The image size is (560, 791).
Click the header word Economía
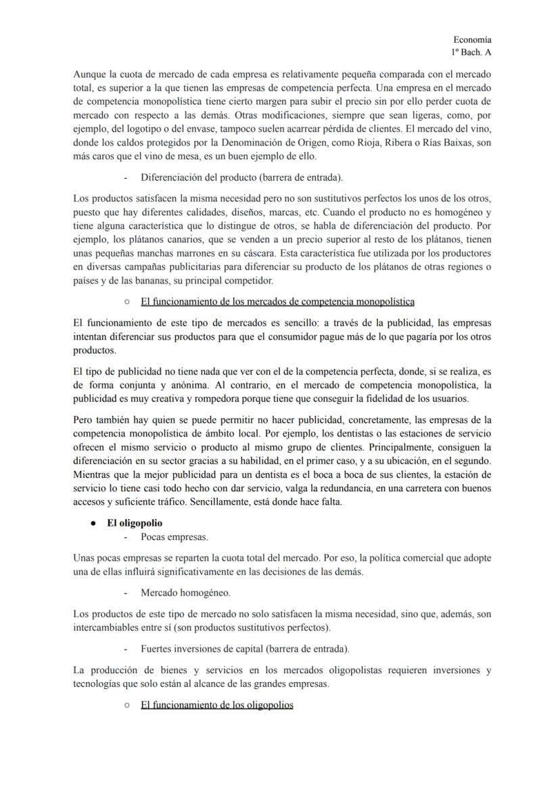click(x=472, y=40)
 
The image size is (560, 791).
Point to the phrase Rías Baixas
click(x=435, y=143)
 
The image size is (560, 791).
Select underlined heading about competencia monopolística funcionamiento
click(x=277, y=300)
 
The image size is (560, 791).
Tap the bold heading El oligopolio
click(x=135, y=523)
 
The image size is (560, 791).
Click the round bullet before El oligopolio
click(x=92, y=523)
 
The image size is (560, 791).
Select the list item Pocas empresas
click(x=174, y=537)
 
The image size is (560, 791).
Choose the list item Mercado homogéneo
click(x=185, y=592)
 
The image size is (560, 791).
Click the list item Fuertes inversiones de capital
click(x=245, y=649)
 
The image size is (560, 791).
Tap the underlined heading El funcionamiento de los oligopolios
click(x=216, y=705)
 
